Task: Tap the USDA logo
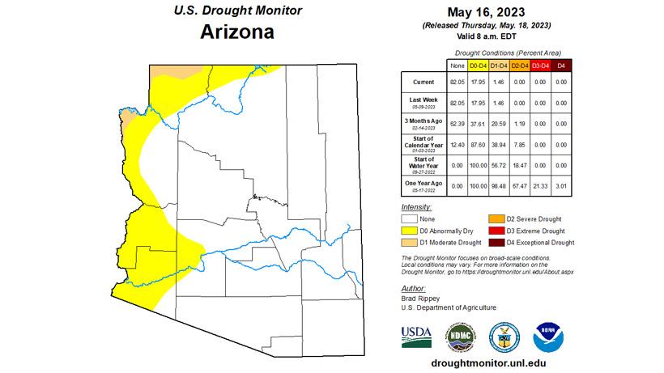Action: tap(416, 337)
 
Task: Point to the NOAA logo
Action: tap(547, 337)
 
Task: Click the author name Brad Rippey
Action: tap(420, 299)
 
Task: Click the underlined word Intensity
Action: tap(417, 207)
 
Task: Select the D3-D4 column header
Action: tap(540, 65)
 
